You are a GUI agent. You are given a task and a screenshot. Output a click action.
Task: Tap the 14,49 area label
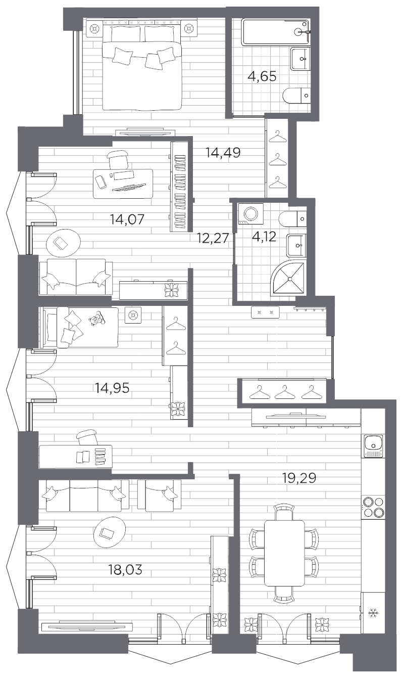[x=223, y=152]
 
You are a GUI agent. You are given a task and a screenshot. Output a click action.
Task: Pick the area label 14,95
[x=112, y=388]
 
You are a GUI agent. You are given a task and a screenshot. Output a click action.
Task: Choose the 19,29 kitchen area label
[x=299, y=478]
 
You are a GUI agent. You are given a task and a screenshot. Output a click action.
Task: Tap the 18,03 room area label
[x=125, y=570]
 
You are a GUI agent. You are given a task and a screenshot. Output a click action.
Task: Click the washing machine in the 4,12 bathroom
[x=251, y=213]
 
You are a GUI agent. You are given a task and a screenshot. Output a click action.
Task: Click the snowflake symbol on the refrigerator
[x=374, y=614]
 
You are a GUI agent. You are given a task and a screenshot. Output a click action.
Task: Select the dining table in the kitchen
[x=284, y=553]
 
